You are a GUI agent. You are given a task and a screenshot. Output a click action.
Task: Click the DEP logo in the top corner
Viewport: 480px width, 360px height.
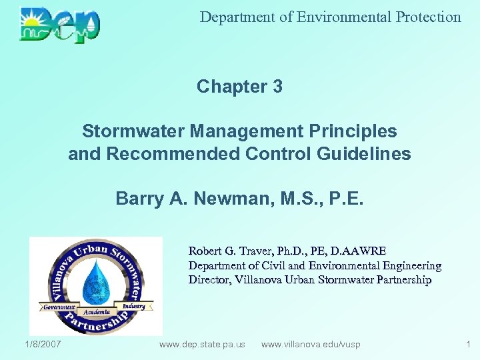[x=60, y=25]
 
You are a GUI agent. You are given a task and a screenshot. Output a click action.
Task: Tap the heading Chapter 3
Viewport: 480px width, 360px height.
[x=239, y=87]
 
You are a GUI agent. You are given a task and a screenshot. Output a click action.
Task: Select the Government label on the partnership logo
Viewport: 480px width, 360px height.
[x=59, y=307]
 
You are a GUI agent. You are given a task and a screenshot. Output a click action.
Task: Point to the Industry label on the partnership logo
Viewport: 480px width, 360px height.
[x=135, y=305]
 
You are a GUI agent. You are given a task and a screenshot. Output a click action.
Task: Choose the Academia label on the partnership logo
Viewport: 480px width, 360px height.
[x=96, y=312]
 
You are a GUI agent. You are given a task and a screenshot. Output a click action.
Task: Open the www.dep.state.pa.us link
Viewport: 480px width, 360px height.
[x=202, y=345]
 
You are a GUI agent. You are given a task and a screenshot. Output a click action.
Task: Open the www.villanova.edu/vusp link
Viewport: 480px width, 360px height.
[x=311, y=345]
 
